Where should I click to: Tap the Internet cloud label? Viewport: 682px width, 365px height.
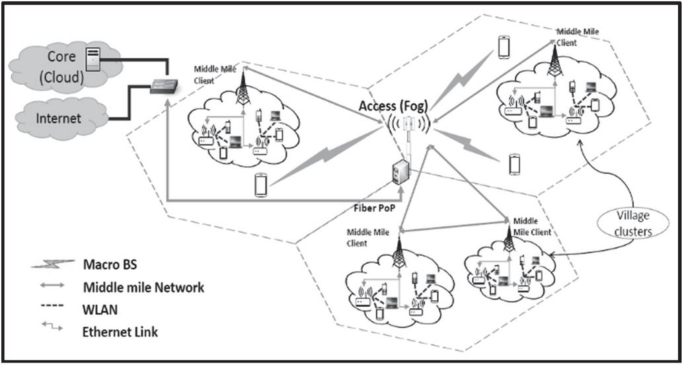tap(59, 118)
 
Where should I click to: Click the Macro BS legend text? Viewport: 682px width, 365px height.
tap(110, 265)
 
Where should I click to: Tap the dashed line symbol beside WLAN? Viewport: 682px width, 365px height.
tap(52, 307)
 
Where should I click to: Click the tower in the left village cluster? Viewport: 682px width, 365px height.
tap(243, 90)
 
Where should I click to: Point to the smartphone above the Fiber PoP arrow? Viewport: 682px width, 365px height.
tap(262, 184)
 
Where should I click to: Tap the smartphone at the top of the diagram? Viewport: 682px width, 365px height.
tap(504, 46)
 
